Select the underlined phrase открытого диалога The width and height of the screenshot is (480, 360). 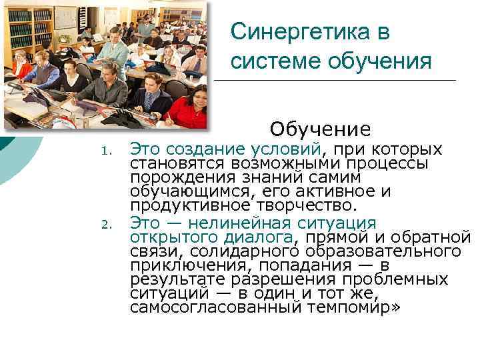211,237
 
